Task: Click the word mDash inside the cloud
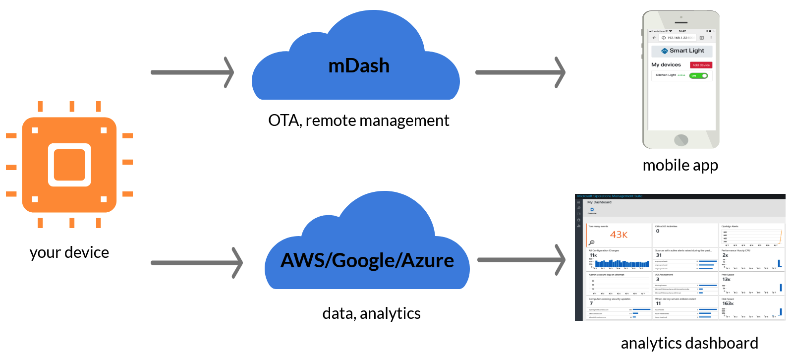point(359,66)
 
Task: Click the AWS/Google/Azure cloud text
point(367,260)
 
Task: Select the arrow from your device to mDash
point(192,72)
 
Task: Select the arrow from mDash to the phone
point(520,72)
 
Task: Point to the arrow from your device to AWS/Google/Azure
point(197,262)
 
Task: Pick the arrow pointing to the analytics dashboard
point(521,259)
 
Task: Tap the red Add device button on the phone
point(701,65)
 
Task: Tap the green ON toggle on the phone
point(698,76)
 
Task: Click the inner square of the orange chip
point(69,165)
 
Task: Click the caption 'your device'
point(69,252)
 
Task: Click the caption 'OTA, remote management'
point(359,120)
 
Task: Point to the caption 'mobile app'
point(680,165)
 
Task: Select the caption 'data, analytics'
point(372,313)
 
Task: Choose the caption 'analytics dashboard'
point(689,343)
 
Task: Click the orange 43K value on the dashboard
point(619,235)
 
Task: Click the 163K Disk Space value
point(728,303)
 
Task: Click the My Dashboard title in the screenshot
point(599,202)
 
